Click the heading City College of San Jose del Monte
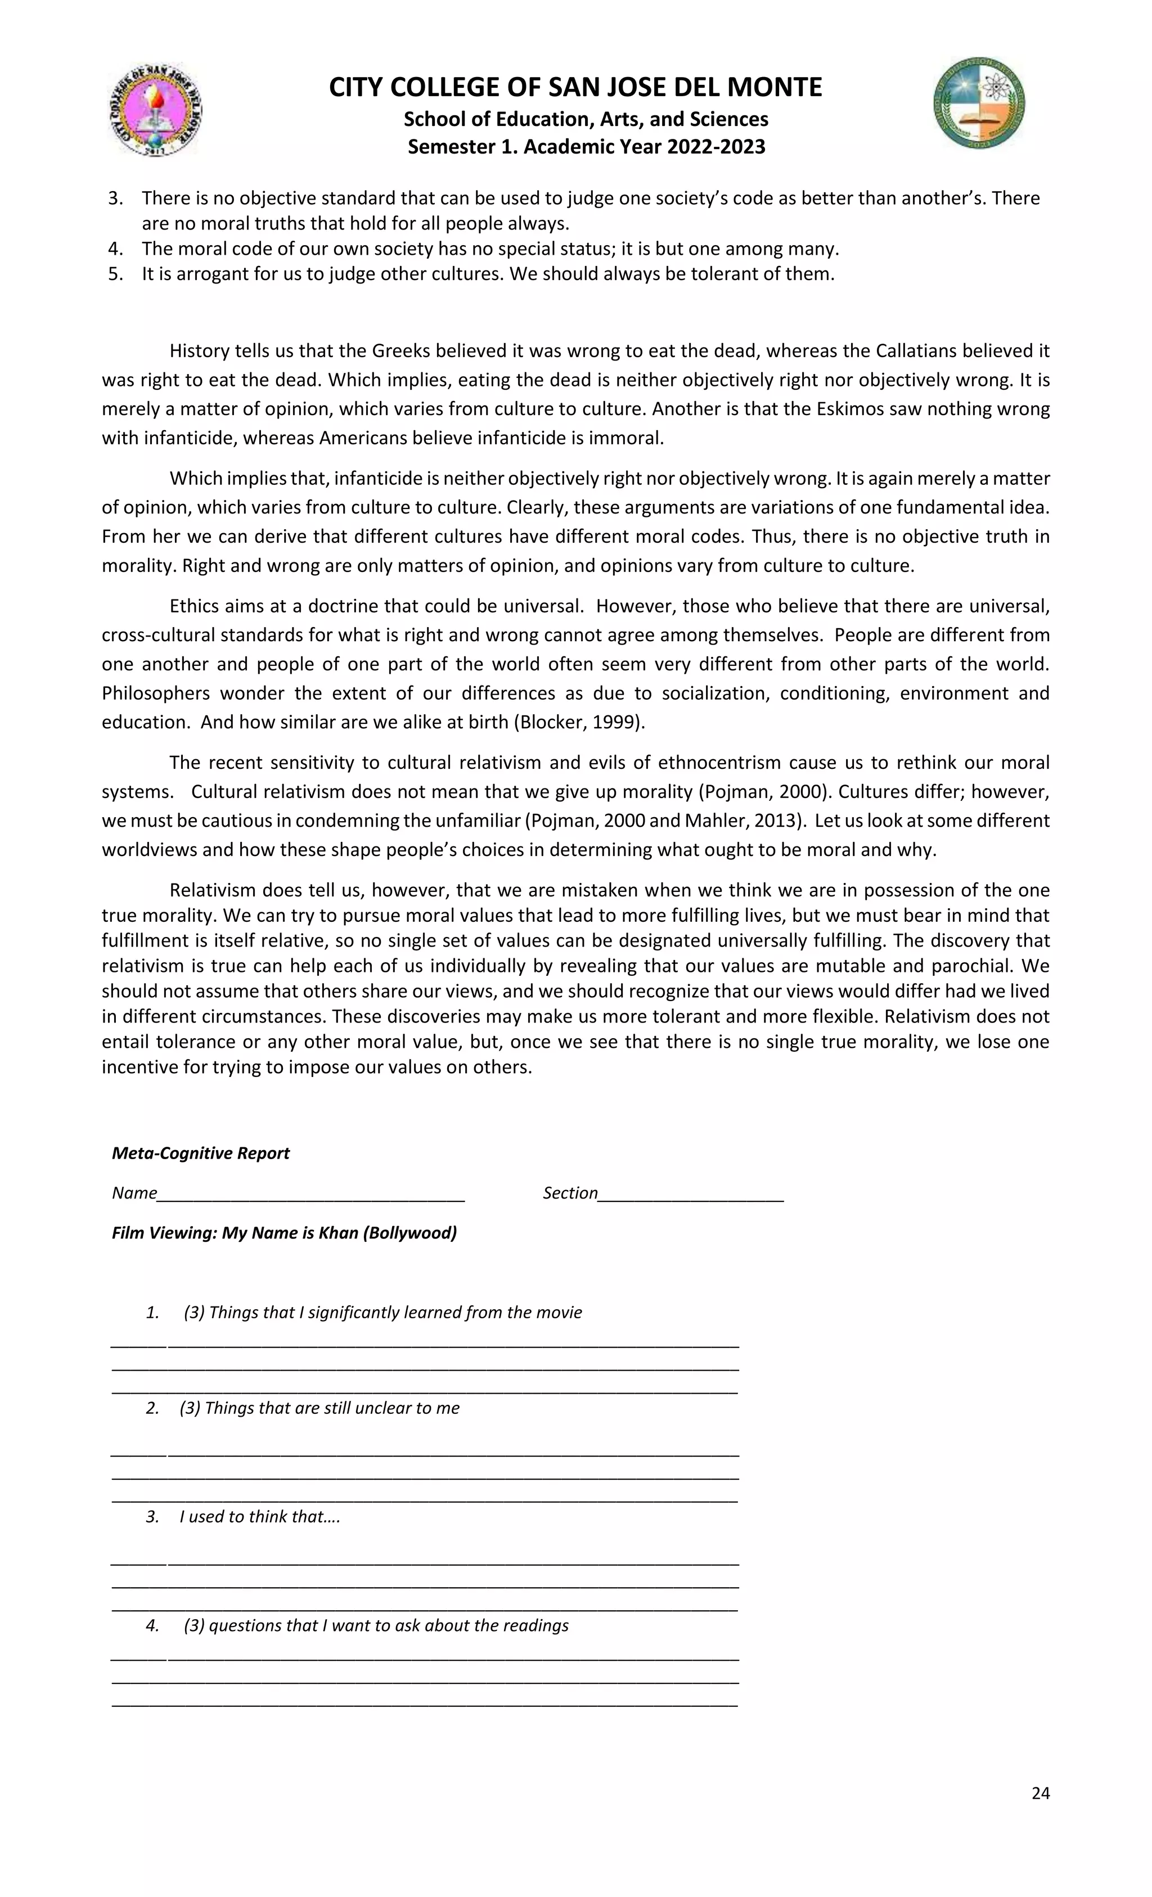[x=575, y=87]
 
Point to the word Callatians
[x=920, y=350]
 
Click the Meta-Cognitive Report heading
[x=200, y=1152]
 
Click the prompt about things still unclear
[x=319, y=1407]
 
